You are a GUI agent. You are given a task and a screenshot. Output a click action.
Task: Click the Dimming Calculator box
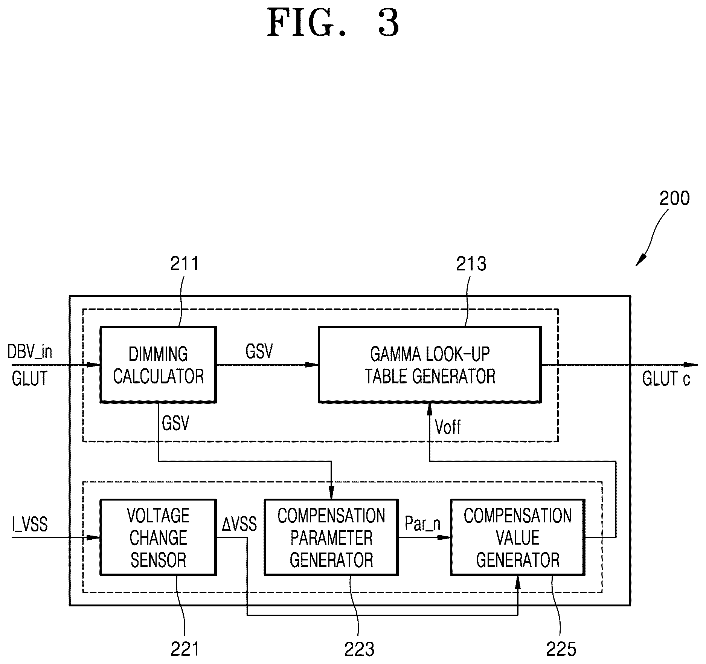(x=158, y=365)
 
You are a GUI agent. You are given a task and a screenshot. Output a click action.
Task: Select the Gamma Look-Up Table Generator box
(x=430, y=365)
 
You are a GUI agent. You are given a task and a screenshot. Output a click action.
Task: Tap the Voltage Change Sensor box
(x=158, y=537)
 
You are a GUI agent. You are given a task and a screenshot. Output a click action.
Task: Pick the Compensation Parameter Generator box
(x=331, y=537)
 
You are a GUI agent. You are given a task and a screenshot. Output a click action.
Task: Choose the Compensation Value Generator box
(x=518, y=537)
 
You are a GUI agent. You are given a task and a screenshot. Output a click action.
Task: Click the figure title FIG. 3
(x=333, y=23)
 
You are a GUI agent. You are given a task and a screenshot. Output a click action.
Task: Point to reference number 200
(x=674, y=198)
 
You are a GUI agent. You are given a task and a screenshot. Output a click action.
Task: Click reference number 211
(x=184, y=264)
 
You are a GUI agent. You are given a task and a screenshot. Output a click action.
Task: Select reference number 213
(x=471, y=264)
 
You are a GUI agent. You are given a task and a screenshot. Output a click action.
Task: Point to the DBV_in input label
(x=30, y=352)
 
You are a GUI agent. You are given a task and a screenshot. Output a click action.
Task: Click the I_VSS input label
(x=30, y=524)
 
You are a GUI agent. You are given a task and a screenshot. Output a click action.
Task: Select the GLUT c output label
(x=666, y=379)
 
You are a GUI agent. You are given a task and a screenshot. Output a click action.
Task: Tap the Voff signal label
(x=448, y=427)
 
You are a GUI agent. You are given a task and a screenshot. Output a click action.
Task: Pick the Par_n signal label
(x=422, y=524)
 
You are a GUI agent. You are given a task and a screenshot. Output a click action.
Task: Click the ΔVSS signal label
(x=239, y=524)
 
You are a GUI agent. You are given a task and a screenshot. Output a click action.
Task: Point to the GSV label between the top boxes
(x=259, y=351)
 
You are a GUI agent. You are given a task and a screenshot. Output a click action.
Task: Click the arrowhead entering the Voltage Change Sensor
(x=93, y=537)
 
